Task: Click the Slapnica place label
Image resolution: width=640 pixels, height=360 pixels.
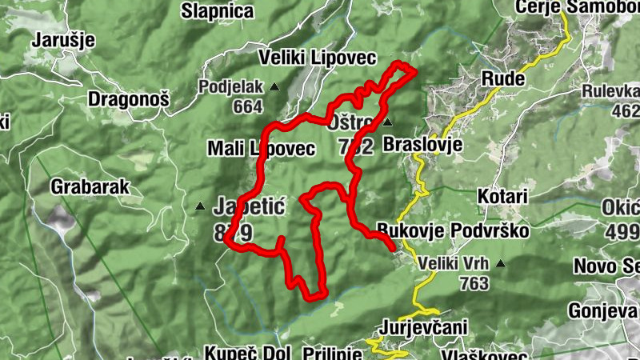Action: click(218, 11)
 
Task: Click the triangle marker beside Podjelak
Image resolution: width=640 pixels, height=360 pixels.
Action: click(274, 86)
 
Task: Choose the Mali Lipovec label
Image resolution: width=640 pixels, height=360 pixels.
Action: click(261, 148)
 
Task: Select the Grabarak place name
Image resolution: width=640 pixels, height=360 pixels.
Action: click(90, 187)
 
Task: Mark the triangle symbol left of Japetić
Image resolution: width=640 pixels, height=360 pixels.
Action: click(199, 206)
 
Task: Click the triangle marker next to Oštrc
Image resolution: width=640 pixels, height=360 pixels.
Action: click(387, 123)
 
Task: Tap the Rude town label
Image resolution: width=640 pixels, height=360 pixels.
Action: click(502, 78)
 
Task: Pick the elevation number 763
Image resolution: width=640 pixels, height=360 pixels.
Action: click(474, 282)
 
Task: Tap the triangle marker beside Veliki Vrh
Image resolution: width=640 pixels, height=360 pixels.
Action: click(500, 263)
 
